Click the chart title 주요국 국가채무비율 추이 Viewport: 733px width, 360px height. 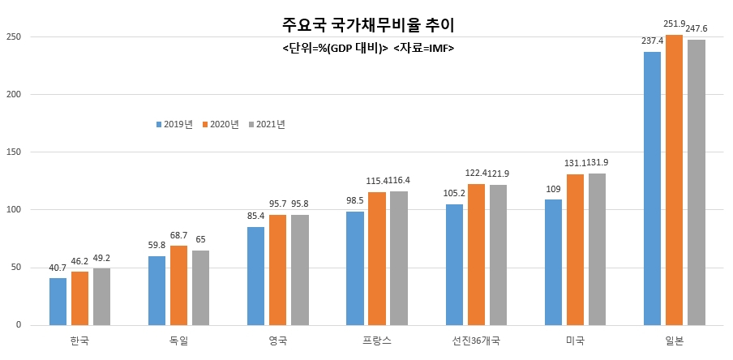[368, 25]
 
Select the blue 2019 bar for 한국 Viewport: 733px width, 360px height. [58, 302]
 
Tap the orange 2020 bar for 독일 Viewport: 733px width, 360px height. [178, 285]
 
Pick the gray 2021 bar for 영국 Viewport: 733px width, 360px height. [300, 270]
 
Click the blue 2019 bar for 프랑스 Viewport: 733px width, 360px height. [355, 268]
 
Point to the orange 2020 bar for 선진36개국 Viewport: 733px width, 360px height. [476, 255]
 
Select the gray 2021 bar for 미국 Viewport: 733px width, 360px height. [597, 249]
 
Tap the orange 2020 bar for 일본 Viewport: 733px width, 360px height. [674, 180]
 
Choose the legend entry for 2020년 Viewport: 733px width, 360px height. [221, 124]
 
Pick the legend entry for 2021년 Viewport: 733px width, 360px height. [267, 124]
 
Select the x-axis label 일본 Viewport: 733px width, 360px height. [674, 341]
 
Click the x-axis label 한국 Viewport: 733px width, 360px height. [79, 341]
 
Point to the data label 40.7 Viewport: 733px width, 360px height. [58, 268]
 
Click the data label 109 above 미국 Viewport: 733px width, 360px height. [554, 190]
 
